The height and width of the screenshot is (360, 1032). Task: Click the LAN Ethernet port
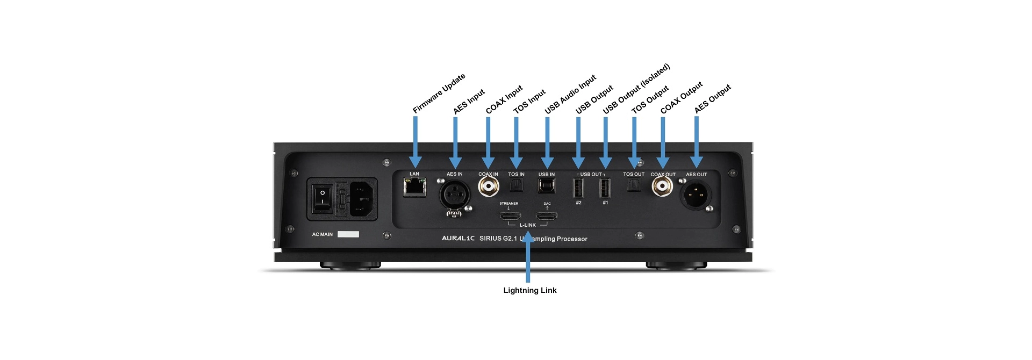pos(414,188)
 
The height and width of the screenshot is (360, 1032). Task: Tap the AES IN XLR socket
pos(455,194)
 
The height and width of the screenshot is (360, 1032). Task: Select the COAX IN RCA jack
pos(488,186)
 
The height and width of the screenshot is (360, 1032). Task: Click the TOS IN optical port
pos(516,186)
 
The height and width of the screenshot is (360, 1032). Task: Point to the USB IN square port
pos(547,186)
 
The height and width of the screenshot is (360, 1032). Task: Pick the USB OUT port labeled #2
pos(578,189)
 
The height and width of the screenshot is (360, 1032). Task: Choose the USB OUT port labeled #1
pos(605,189)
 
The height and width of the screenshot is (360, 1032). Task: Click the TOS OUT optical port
pos(634,186)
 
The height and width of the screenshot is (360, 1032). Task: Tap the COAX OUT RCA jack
pos(663,186)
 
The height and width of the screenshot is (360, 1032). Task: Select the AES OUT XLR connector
pos(696,194)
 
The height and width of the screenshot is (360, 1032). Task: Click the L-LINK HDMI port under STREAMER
pos(510,216)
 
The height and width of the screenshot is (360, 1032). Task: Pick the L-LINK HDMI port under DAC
pos(547,216)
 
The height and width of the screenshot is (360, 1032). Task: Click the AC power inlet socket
pos(364,199)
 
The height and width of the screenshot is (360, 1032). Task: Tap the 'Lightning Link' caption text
pos(529,290)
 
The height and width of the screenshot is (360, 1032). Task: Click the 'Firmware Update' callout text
pos(439,93)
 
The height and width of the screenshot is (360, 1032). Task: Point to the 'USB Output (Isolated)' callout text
pos(636,89)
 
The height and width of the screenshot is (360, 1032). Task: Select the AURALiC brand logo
pos(458,238)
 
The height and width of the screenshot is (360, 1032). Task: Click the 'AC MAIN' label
pos(322,234)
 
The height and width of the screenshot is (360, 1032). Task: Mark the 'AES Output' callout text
pos(713,99)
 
